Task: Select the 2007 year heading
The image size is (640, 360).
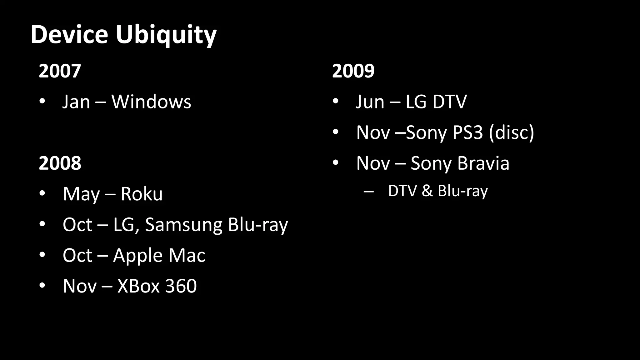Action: coord(60,71)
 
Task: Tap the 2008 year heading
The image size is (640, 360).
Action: coord(60,163)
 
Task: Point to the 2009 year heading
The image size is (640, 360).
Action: coord(353,71)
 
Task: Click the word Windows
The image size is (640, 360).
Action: coord(151,102)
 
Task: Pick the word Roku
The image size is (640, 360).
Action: coord(142,194)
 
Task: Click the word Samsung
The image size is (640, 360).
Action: coord(184,225)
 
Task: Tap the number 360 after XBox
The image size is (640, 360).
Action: coord(181,286)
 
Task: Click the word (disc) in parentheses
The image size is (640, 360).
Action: coord(512,132)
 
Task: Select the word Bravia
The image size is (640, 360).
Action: coord(483,163)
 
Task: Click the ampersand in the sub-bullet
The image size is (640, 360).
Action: coord(427,191)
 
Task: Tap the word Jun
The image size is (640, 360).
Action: coord(370,102)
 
